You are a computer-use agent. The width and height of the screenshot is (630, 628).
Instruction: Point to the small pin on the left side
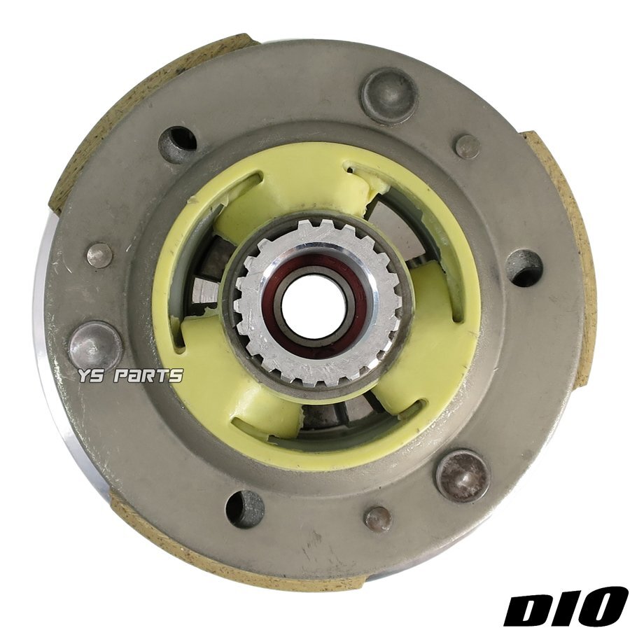[99, 256]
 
